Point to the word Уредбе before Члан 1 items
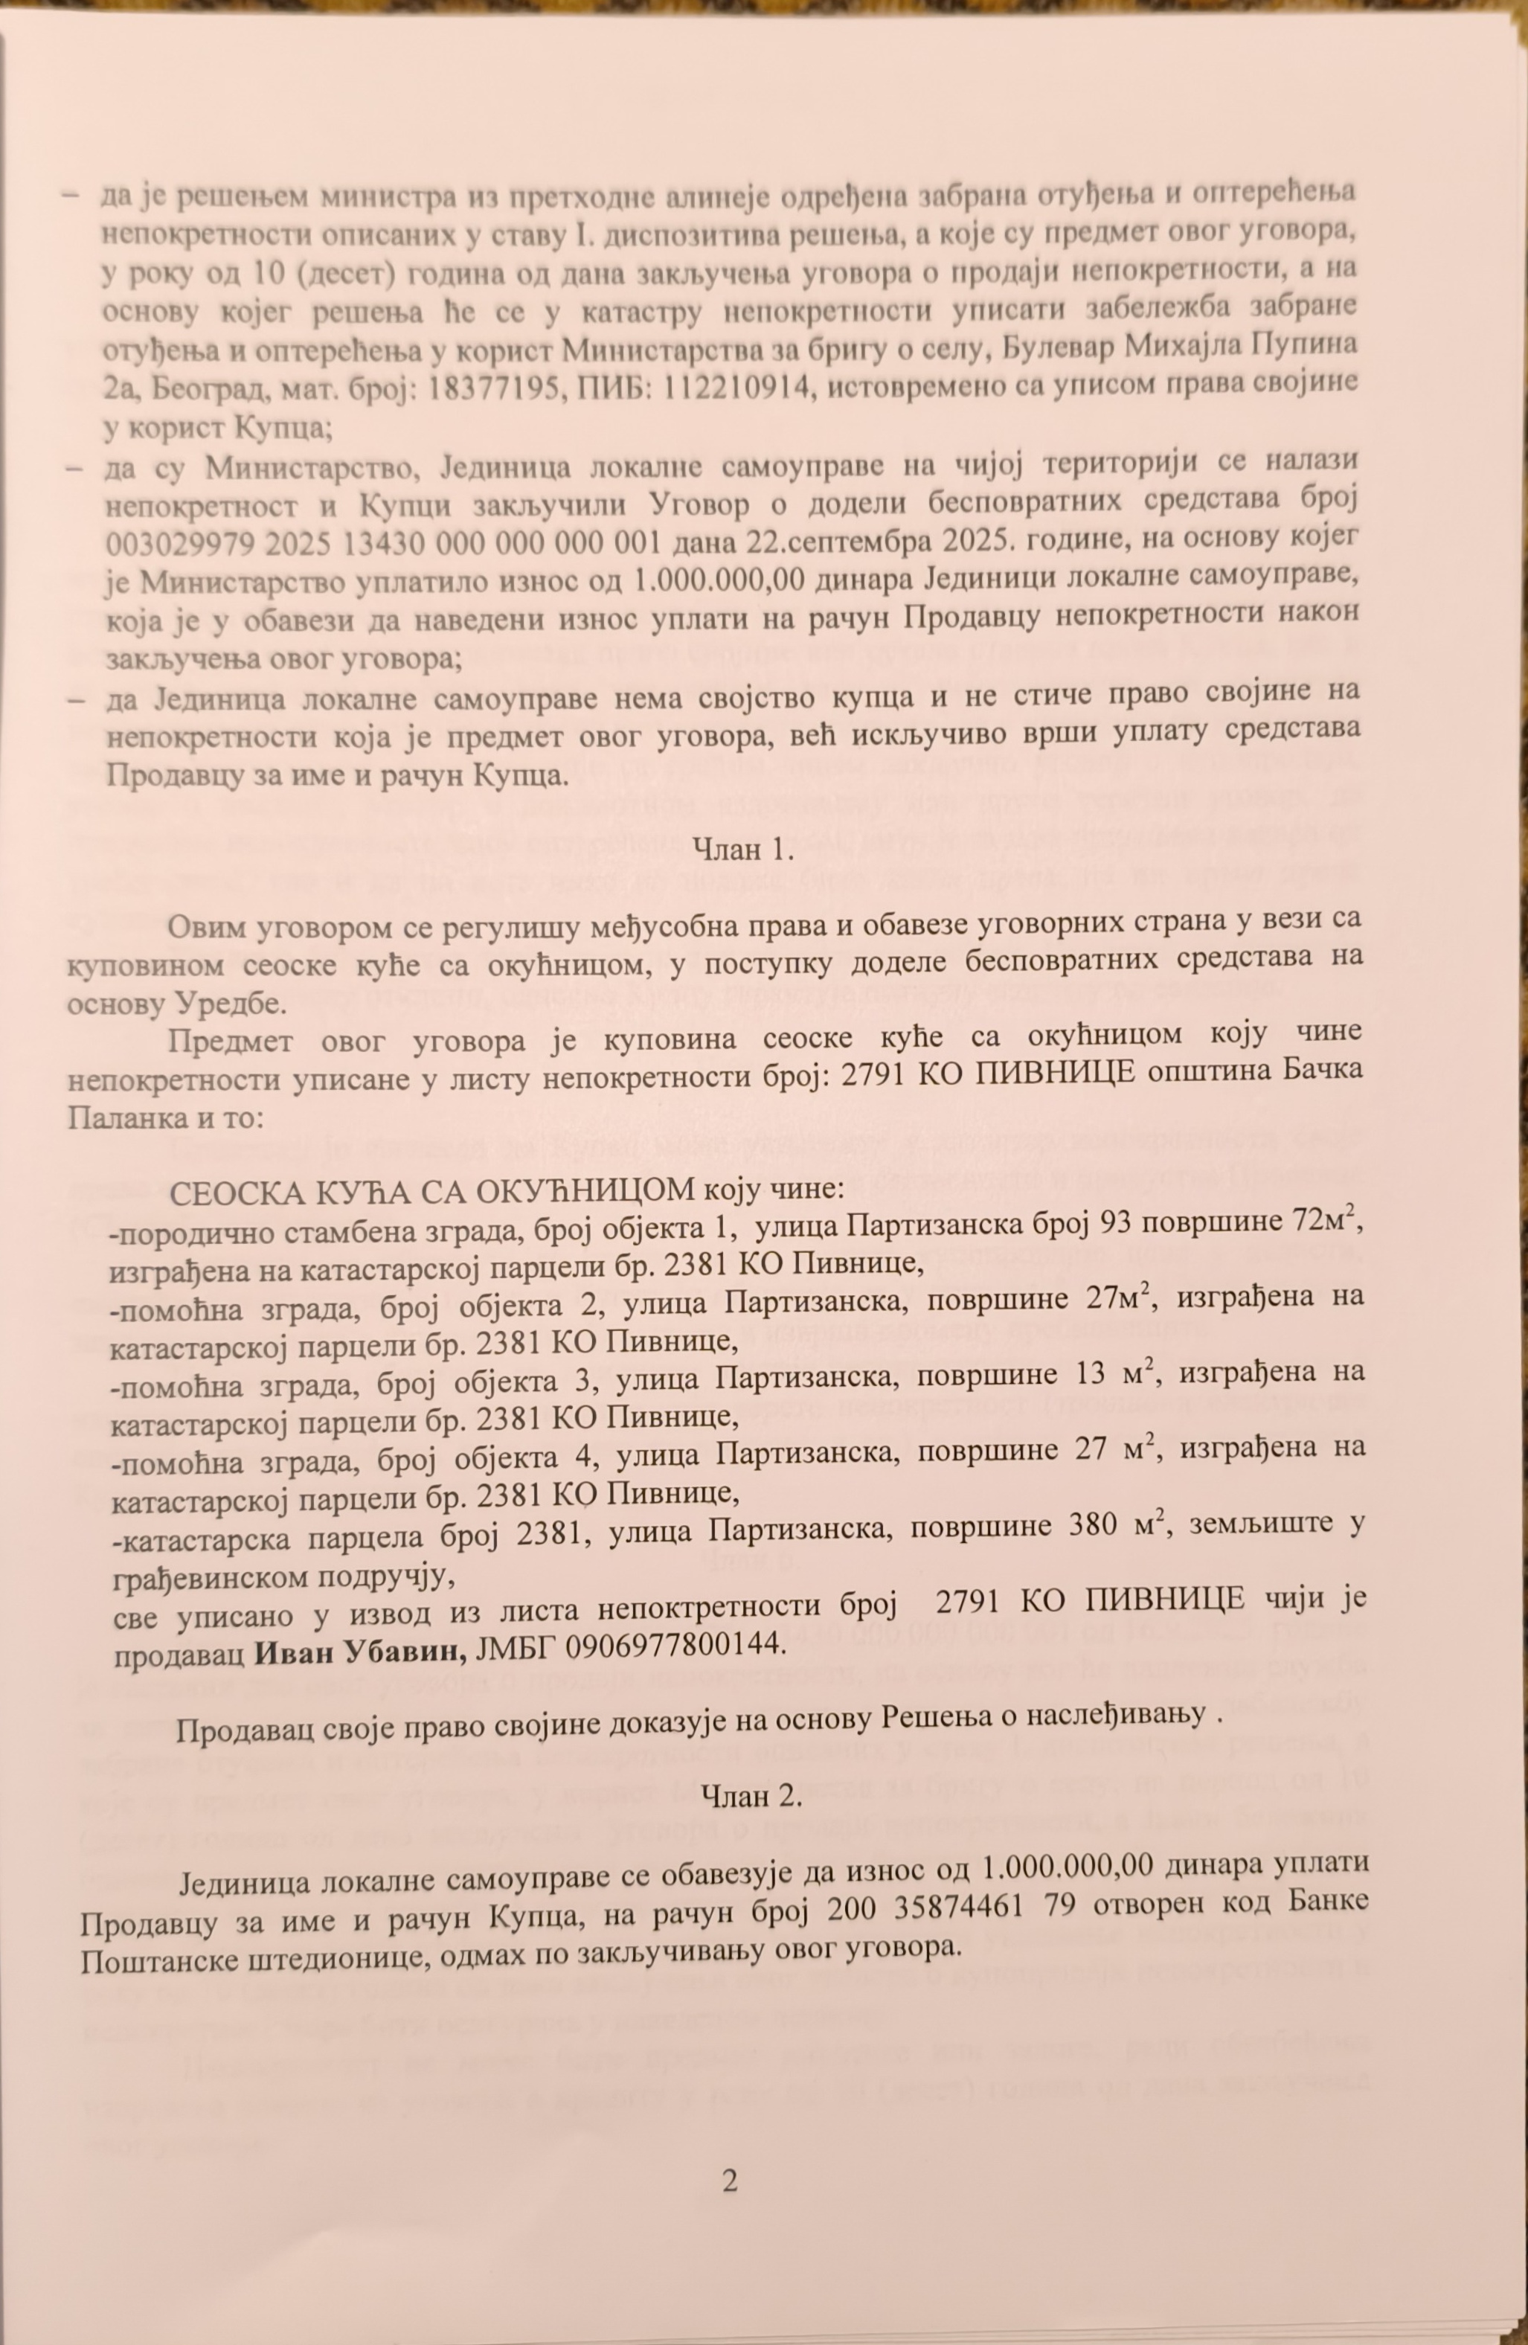coord(225,1002)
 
